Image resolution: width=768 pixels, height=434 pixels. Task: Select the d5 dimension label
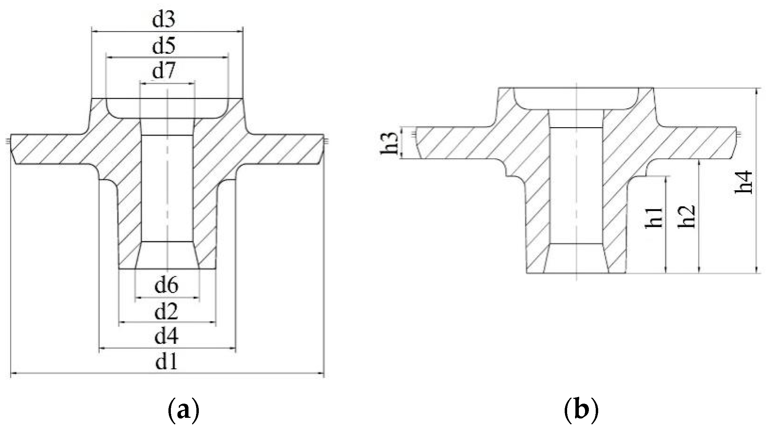coord(164,46)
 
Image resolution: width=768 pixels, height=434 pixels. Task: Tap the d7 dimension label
coord(164,71)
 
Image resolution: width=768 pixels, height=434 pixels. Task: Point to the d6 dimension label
coord(166,286)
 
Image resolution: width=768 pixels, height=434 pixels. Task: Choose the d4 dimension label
coord(166,336)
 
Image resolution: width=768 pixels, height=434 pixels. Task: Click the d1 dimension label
coord(166,362)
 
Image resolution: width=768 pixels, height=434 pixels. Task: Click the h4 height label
coord(744,182)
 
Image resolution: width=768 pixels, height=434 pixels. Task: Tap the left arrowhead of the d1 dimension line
coord(13,373)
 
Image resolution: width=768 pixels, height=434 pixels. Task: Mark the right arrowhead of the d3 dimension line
coord(241,31)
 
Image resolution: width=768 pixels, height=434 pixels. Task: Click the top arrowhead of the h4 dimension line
coord(756,90)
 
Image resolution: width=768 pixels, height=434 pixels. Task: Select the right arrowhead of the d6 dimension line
coord(197,297)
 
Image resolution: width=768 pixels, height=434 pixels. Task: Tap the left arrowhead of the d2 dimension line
coord(121,323)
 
